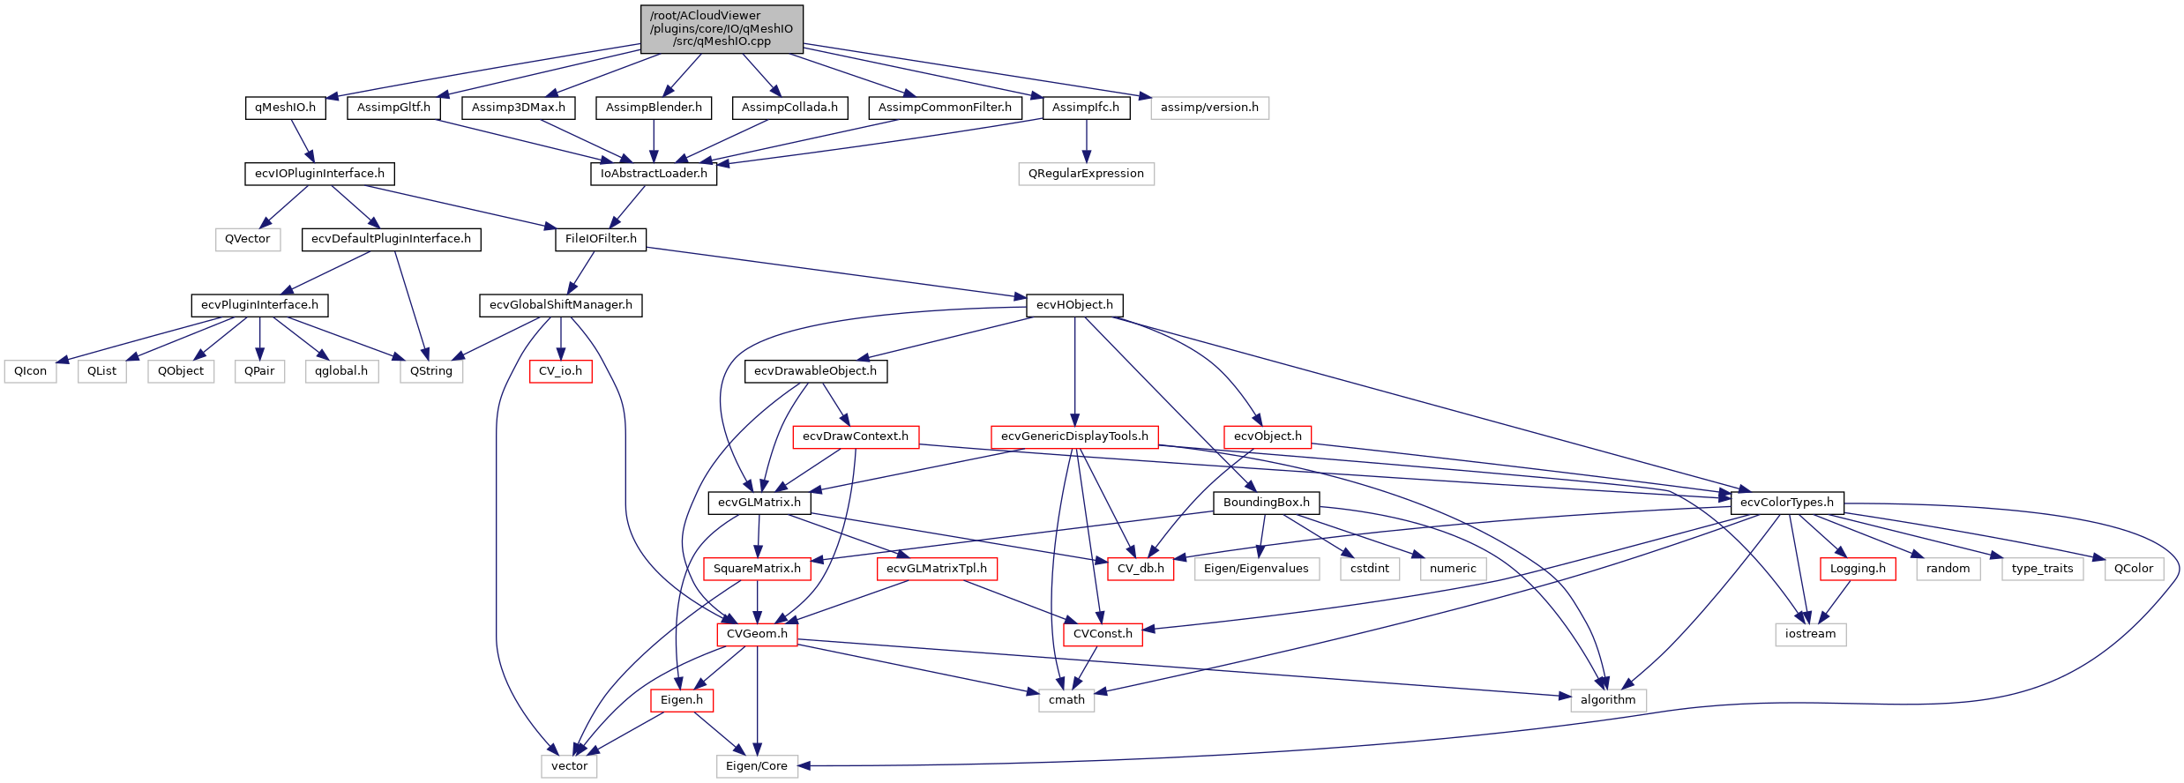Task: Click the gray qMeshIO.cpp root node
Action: pos(722,28)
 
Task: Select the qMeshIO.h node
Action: pos(285,108)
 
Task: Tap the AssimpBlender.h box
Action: pos(654,108)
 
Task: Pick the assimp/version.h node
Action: pos(1209,108)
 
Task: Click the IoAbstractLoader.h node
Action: pos(654,174)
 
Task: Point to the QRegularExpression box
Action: pos(1086,174)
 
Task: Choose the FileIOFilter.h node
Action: pos(601,239)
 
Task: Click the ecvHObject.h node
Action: pos(1074,305)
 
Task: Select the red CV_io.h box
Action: pos(560,371)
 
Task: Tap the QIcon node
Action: pos(31,371)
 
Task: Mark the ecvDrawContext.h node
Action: pos(855,436)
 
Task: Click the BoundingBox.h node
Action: pos(1266,503)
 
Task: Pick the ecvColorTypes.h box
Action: pos(1786,503)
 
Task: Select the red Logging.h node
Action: pos(1858,569)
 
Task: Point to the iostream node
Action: pos(1810,634)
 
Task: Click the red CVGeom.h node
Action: pos(757,634)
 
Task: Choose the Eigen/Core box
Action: pos(757,766)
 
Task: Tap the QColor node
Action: pos(2134,569)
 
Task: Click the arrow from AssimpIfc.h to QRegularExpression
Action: pos(1087,141)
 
